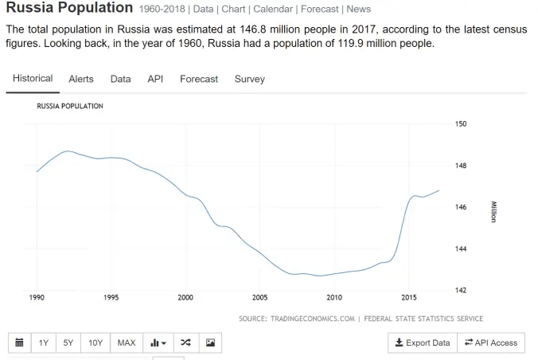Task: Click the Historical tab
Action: (33, 79)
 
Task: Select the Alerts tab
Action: (80, 79)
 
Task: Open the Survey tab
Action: (249, 79)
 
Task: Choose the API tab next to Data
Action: (155, 79)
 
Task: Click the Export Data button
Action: (423, 342)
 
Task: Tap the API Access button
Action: (491, 342)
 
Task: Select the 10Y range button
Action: (96, 342)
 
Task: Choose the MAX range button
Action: (127, 342)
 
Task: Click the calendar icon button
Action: (20, 342)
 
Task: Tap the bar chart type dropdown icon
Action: (158, 342)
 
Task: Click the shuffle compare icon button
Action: (185, 342)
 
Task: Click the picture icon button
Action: (210, 342)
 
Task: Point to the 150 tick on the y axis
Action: (461, 124)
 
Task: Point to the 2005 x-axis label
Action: (260, 298)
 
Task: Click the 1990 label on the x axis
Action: (37, 298)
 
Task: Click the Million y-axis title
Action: (493, 212)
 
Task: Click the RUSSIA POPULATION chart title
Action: (70, 106)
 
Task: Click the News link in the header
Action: (358, 10)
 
